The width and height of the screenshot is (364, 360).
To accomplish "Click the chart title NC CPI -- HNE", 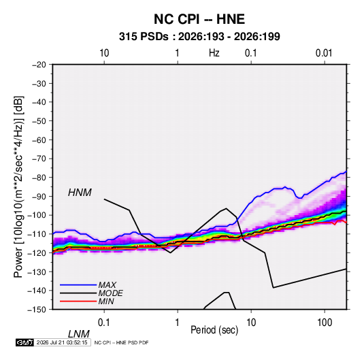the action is coord(199,19).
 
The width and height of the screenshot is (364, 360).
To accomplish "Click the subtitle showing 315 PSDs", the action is coord(199,37).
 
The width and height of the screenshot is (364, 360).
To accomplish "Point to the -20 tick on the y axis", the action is coord(39,65).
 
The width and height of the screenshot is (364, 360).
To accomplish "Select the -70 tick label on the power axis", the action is coord(39,159).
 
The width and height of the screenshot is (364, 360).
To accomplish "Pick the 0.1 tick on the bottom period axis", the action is coord(104,322).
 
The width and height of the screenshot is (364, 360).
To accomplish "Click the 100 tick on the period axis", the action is coord(325,322).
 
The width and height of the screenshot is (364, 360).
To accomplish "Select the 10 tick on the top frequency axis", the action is coord(104,53).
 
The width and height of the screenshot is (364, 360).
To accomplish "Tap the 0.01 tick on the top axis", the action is coord(324,53).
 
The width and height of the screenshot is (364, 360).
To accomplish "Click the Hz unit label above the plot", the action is coord(214,53).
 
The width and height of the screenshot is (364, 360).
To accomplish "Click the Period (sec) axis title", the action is coord(214,330).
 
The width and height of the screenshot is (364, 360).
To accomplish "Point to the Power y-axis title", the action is coord(18,187).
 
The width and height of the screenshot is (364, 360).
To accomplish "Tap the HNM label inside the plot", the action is coord(80,193).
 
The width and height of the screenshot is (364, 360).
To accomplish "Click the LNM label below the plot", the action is coord(79,334).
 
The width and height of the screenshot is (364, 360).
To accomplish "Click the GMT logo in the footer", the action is coord(24,342).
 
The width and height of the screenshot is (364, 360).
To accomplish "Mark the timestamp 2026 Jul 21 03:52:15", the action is coord(62,342).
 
